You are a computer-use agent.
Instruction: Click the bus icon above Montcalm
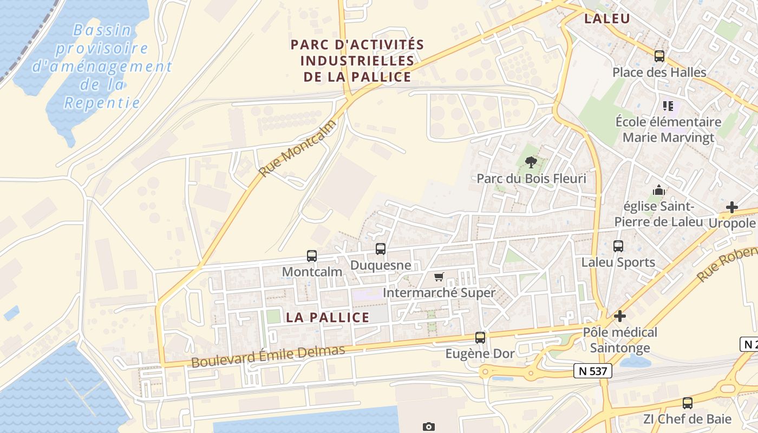point(311,255)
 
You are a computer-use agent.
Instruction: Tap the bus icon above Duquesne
point(381,249)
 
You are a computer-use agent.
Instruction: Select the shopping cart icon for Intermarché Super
point(439,277)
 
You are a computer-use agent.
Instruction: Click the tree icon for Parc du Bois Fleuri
point(531,162)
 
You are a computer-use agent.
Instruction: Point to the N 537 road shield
point(593,371)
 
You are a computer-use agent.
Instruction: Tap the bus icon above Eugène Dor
point(480,338)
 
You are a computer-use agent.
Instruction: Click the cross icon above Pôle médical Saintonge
point(620,316)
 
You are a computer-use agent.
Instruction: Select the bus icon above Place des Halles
point(659,56)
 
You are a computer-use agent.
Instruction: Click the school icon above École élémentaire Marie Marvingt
point(668,106)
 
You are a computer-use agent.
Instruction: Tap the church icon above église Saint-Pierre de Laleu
point(658,190)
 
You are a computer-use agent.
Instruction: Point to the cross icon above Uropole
point(731,207)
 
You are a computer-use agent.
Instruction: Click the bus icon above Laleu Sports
point(618,246)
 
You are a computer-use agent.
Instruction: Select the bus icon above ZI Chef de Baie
point(687,403)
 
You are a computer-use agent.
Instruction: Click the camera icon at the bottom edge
point(428,427)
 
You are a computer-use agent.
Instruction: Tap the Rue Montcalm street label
point(297,148)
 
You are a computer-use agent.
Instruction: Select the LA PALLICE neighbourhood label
point(328,318)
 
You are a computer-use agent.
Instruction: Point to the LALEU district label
point(607,19)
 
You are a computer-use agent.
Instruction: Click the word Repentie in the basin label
point(102,103)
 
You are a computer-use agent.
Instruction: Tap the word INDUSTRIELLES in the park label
point(357,61)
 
